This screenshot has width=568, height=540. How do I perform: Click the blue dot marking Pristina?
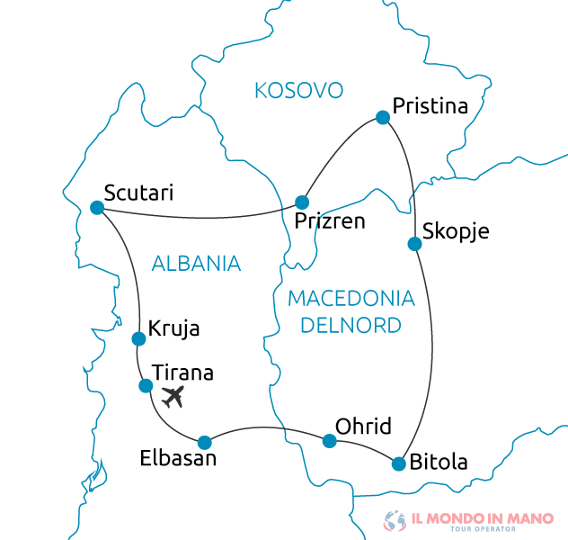(x=383, y=117)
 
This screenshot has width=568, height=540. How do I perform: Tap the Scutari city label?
(x=138, y=193)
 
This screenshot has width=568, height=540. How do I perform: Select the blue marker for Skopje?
(x=414, y=244)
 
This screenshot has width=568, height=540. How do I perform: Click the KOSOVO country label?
(x=299, y=90)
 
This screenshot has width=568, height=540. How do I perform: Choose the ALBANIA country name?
(x=196, y=264)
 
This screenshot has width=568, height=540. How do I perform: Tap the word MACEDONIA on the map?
(x=351, y=299)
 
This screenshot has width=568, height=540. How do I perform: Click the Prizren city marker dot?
(x=303, y=202)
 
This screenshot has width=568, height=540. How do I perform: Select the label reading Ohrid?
(x=363, y=427)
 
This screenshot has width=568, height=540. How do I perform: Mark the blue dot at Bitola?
(x=399, y=464)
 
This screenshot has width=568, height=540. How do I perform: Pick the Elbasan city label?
(x=178, y=458)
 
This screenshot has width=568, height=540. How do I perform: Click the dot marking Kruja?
(x=138, y=339)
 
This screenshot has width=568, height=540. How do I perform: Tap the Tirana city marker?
(x=146, y=386)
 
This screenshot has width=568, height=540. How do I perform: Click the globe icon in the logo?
(x=394, y=520)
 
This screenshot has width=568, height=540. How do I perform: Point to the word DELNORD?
(x=351, y=325)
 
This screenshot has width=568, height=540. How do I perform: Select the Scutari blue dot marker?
(x=97, y=208)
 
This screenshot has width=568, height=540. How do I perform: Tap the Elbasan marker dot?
(x=205, y=442)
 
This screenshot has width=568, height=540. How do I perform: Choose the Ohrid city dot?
(x=330, y=441)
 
